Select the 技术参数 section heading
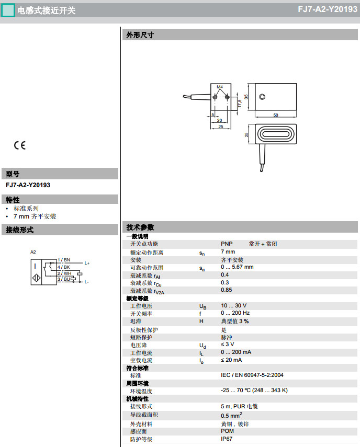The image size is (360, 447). point(140,227)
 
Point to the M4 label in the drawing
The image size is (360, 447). point(220,86)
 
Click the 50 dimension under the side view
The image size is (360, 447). point(275,114)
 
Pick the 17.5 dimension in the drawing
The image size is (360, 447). point(240,103)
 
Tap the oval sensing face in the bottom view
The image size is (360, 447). point(275,135)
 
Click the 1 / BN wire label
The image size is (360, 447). point(64,260)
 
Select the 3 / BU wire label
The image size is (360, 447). point(64,279)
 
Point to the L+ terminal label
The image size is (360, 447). point(87,263)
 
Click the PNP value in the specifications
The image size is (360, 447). point(227,244)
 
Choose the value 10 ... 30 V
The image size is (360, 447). point(233,305)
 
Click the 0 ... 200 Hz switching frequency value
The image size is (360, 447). point(235,313)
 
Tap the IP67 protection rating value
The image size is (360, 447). point(227,439)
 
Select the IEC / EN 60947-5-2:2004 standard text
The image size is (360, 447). point(252,375)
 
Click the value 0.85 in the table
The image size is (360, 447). point(227,290)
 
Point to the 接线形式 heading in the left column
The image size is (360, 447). point(20,230)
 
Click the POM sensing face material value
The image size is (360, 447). point(228,431)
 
